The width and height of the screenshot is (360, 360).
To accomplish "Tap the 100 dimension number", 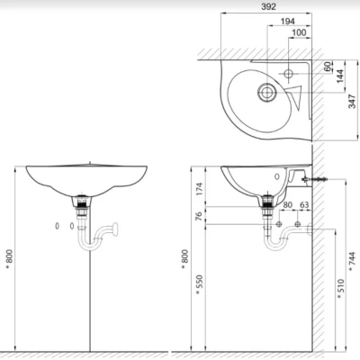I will pos(298,33).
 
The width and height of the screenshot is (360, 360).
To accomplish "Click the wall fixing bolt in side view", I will pos(316,180).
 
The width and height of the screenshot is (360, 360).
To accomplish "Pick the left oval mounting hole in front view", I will pos(58,226).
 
